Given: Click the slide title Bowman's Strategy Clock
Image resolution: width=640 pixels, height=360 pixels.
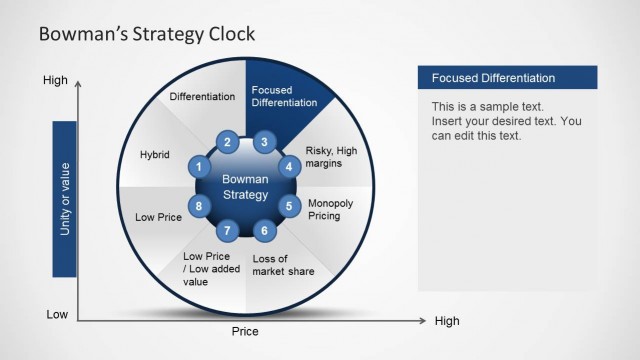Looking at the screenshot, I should point(146,34).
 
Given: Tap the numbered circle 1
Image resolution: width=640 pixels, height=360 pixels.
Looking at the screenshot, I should point(200,167).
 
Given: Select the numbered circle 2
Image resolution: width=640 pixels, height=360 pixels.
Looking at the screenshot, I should point(228,142).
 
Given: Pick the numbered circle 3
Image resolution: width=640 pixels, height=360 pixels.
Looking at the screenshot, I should point(263,142).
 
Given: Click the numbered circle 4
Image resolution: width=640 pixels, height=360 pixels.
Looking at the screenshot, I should point(289,167).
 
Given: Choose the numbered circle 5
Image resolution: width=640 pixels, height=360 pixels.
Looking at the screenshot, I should point(289,207).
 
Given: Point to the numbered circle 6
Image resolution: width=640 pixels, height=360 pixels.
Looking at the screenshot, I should point(263,231).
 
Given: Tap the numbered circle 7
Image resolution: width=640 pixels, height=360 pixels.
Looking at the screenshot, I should point(228,231).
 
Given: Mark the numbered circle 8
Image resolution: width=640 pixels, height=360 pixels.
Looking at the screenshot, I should point(200,207).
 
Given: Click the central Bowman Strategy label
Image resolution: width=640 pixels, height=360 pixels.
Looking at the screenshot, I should point(245,187).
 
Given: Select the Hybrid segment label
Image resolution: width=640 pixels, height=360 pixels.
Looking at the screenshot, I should point(155,155).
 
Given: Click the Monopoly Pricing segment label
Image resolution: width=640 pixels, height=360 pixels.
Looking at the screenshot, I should point(330,209).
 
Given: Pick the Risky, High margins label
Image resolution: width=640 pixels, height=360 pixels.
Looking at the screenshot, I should point(330,157).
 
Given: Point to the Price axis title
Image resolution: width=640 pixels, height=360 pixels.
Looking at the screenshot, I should point(245,331).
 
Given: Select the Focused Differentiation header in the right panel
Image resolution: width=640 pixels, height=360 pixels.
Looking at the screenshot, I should point(493,78).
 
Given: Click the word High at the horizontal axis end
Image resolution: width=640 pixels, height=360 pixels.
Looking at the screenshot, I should point(447,321).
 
